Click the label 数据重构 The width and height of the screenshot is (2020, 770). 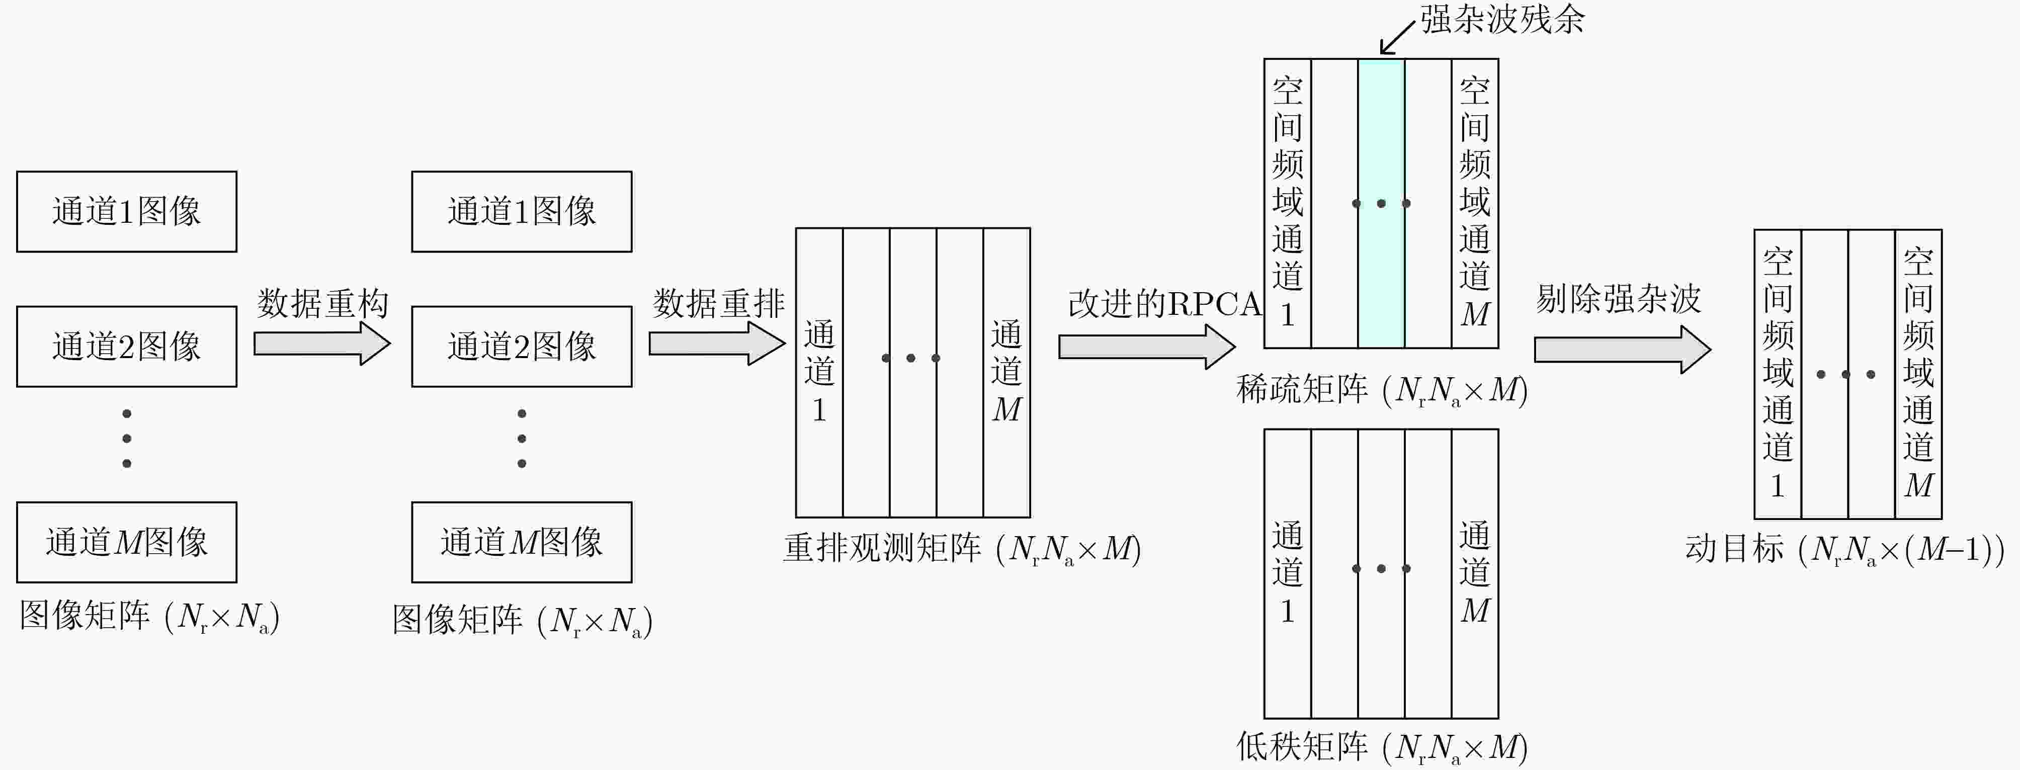tap(323, 303)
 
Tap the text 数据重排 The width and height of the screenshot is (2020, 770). tap(718, 303)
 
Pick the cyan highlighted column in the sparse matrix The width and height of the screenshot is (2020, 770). tap(1381, 203)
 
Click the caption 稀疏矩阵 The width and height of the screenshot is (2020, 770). tap(1302, 389)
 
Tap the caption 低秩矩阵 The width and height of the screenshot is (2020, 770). tap(1302, 746)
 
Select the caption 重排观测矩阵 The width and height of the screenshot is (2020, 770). tap(882, 548)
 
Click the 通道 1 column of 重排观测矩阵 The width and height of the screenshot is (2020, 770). tap(819, 373)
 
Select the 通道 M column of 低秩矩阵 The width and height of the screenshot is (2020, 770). tap(1475, 573)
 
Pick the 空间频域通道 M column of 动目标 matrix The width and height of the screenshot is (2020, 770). tap(1918, 374)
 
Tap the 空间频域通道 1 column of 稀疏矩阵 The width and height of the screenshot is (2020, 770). tap(1288, 203)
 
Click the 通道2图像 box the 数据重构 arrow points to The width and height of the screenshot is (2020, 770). tap(522, 347)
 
